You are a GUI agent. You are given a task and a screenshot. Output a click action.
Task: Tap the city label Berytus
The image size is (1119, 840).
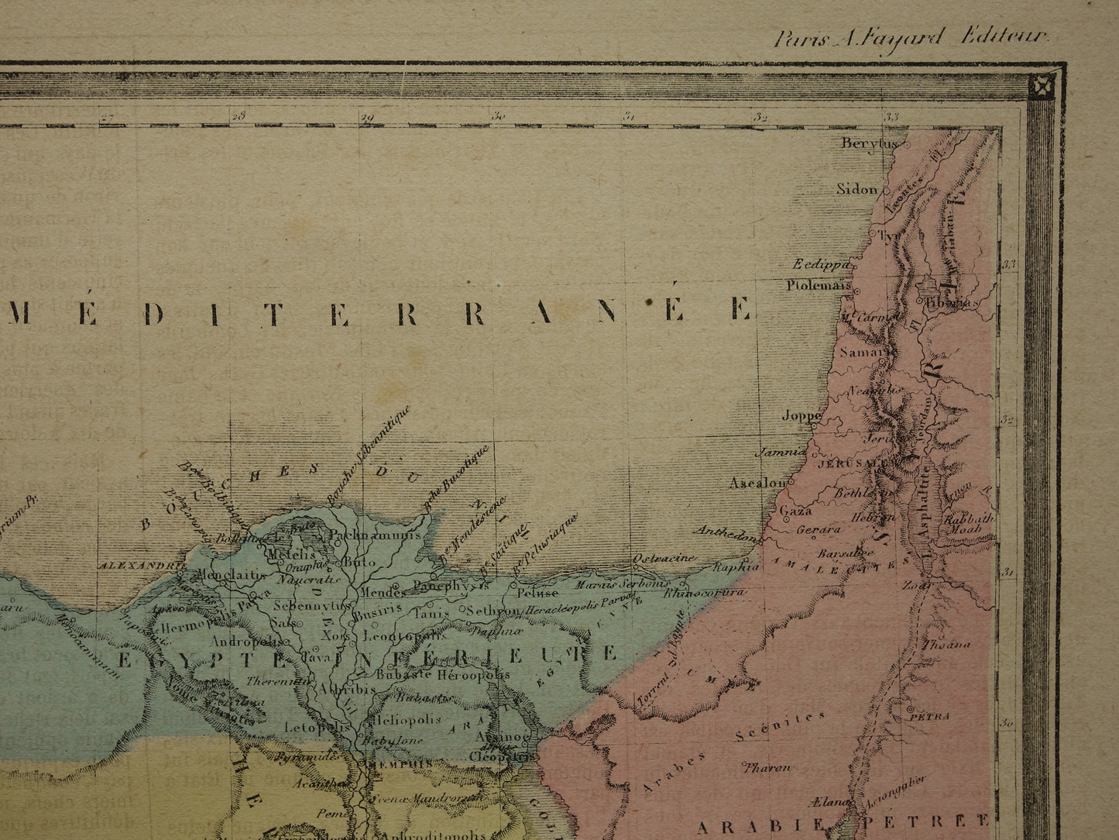868,143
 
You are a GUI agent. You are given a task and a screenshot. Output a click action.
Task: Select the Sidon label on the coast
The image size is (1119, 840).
857,189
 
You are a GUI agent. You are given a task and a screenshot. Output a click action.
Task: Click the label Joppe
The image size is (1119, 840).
801,415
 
